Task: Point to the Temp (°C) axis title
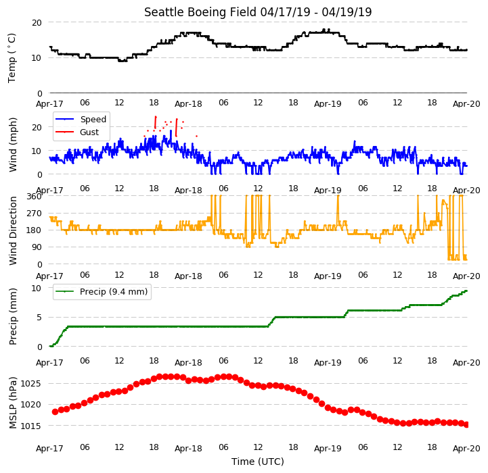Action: (12, 58)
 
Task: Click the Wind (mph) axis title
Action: (13, 145)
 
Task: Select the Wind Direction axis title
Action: (13, 231)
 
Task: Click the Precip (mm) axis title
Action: (13, 317)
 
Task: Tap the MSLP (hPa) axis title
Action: (13, 403)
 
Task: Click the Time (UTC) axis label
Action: (258, 462)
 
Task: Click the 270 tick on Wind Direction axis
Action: (35, 214)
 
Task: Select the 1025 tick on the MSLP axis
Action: (31, 384)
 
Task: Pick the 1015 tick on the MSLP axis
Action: (31, 426)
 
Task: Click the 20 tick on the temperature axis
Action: (37, 23)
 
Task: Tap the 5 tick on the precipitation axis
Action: (39, 318)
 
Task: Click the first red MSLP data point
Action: (55, 412)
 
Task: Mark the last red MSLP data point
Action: (466, 424)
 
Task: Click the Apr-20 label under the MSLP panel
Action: (466, 449)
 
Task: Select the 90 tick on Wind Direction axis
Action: (37, 247)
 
